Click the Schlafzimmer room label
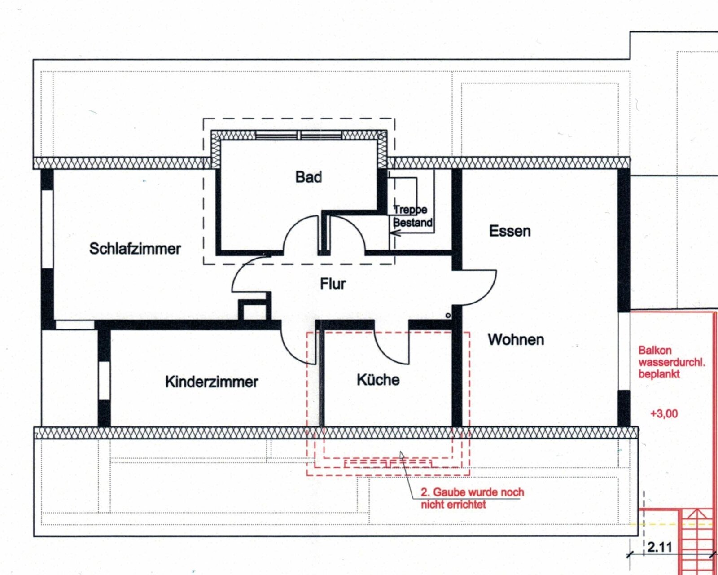[x=135, y=249]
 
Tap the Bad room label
[x=309, y=177]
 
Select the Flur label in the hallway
[x=333, y=284]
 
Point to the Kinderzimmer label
[x=211, y=382]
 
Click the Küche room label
[x=378, y=380]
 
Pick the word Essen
[x=510, y=231]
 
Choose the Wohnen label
[x=516, y=340]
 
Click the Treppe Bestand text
[x=413, y=216]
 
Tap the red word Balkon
[x=650, y=351]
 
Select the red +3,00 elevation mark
[x=664, y=414]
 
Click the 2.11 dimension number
[x=660, y=547]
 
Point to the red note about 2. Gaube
[x=472, y=498]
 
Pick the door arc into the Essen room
[x=489, y=293]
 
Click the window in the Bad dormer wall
[x=299, y=135]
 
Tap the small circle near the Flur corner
[x=448, y=315]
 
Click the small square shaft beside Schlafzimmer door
[x=254, y=310]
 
